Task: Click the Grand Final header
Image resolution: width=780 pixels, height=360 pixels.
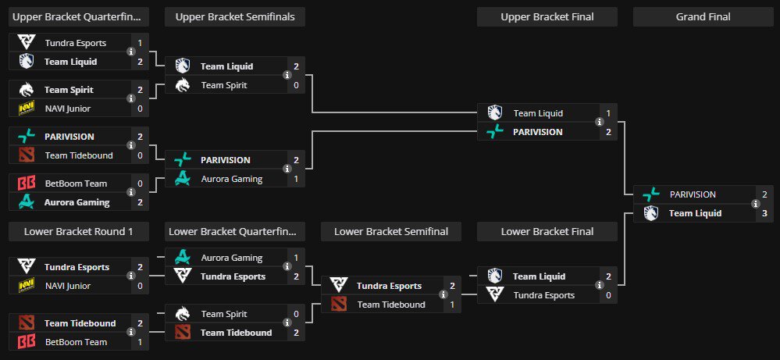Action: coord(703,17)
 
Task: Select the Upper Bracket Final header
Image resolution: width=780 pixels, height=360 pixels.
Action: coord(547,17)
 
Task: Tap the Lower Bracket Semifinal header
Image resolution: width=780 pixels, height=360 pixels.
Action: coord(391,232)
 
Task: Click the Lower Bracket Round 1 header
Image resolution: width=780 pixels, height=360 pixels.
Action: coord(79,232)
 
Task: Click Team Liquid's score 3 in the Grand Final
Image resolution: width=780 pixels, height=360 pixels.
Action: coord(764,213)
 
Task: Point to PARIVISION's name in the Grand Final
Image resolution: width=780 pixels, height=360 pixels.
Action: coord(693,194)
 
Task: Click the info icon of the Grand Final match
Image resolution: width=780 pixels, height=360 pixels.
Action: coord(756,204)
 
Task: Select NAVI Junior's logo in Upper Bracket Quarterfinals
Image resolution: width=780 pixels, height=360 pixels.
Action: coord(27,109)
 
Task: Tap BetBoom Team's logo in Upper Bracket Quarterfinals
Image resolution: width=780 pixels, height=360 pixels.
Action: coord(27,184)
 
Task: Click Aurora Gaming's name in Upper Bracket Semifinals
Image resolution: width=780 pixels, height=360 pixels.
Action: coord(231,179)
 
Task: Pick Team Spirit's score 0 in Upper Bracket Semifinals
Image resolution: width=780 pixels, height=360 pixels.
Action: coord(296,85)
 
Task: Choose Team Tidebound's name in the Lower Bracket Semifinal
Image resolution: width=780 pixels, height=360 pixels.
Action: coord(391,305)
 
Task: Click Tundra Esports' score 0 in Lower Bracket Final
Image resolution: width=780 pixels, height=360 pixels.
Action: coord(608,295)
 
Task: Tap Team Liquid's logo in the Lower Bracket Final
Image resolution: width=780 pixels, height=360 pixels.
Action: coord(495,276)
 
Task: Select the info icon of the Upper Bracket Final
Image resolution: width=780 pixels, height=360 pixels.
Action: coord(600,123)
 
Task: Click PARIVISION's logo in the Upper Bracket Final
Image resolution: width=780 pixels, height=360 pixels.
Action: coord(495,132)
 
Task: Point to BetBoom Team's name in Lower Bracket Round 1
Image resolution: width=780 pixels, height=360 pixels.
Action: coord(76,342)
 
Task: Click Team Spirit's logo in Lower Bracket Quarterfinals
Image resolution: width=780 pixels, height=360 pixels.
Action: coord(183,314)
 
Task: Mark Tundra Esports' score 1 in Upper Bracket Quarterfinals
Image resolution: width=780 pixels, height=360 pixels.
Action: coord(140,43)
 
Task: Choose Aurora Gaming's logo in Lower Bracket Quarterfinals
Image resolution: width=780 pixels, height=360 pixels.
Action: coord(183,258)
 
